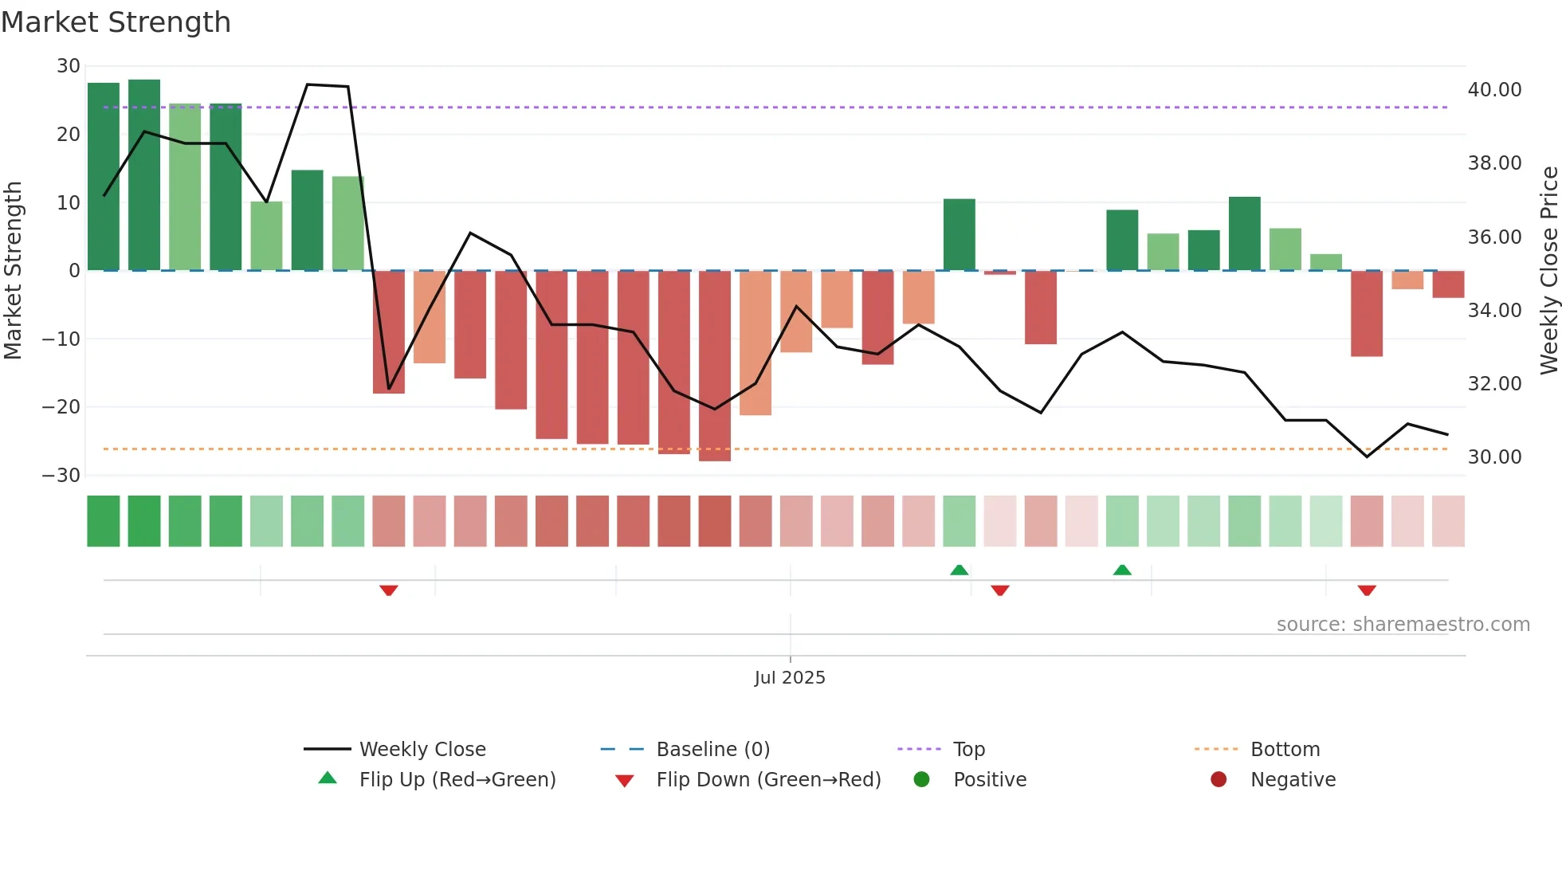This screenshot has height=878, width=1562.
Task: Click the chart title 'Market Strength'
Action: (x=116, y=22)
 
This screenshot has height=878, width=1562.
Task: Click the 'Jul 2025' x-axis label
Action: (x=790, y=678)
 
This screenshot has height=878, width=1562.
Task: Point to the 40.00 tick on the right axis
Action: (x=1494, y=90)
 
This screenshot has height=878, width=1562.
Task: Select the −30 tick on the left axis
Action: (x=61, y=476)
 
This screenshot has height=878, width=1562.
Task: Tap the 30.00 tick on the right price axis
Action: (x=1494, y=457)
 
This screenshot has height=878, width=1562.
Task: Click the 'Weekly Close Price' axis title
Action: (x=1548, y=270)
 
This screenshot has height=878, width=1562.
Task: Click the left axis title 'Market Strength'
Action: (x=13, y=270)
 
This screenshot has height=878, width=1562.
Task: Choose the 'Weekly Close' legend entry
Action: (x=422, y=750)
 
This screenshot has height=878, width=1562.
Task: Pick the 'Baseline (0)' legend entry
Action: (x=712, y=750)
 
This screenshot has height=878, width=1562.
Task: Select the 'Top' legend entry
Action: (x=968, y=750)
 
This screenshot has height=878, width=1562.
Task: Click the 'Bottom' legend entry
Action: (x=1285, y=750)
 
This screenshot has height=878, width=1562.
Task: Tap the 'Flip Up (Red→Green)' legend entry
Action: (x=457, y=780)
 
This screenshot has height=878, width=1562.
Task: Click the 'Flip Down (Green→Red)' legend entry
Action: (x=767, y=780)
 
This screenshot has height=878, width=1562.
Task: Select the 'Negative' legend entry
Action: (x=1292, y=780)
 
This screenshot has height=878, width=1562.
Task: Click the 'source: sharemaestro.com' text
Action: (x=1403, y=625)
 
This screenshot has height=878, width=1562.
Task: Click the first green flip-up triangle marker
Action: (x=960, y=570)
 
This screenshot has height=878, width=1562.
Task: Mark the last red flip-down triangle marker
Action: (x=1367, y=590)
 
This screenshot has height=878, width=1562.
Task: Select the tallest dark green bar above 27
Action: (x=144, y=175)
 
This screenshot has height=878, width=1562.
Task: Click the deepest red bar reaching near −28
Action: (x=715, y=366)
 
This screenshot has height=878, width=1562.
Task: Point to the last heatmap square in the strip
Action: (x=1448, y=521)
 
